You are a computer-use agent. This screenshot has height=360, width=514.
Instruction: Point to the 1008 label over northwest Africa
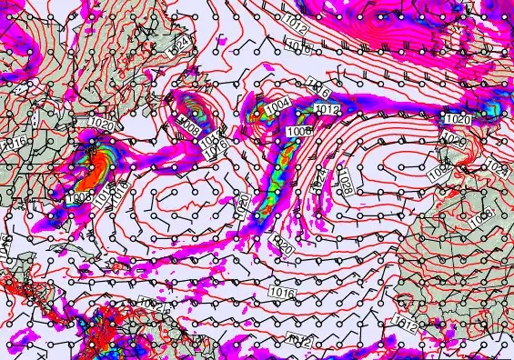pyautogui.click(x=479, y=215)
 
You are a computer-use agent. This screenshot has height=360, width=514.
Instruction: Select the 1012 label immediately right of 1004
pyautogui.click(x=327, y=109)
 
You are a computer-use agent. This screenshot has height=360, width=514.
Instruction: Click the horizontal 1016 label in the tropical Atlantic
pyautogui.click(x=282, y=292)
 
